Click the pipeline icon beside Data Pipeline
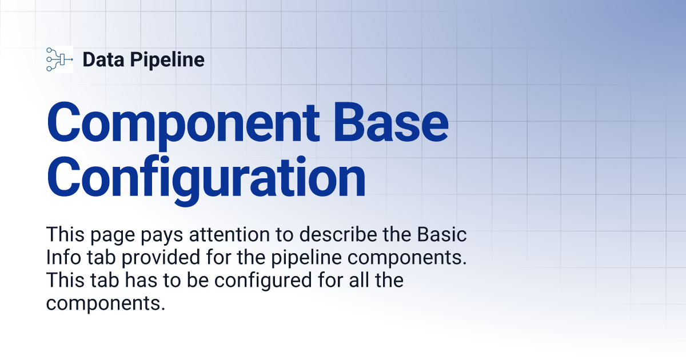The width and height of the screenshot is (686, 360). click(x=59, y=59)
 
